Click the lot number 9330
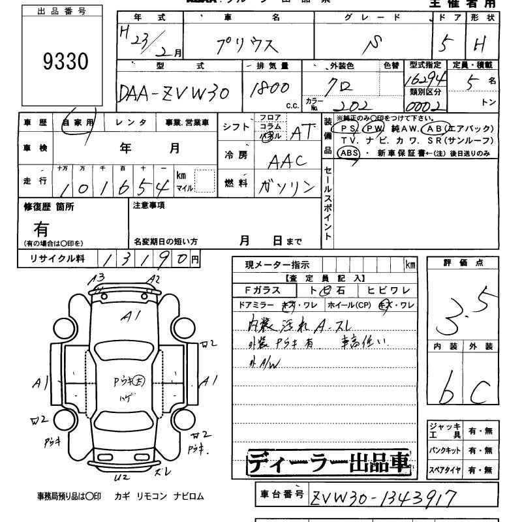[x=65, y=63]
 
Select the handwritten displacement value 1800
[x=268, y=90]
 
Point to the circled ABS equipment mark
[x=349, y=152]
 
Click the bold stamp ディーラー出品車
[x=330, y=463]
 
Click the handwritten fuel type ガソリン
[x=287, y=187]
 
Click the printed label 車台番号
[x=281, y=495]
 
